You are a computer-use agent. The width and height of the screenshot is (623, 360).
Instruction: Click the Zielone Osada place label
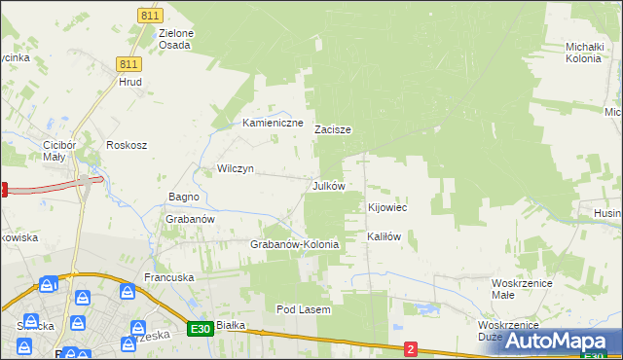click(176, 39)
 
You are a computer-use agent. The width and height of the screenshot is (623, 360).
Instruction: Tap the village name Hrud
click(130, 82)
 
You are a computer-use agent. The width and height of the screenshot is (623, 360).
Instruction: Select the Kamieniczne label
click(274, 124)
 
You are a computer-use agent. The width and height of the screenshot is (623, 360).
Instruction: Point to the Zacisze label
click(333, 129)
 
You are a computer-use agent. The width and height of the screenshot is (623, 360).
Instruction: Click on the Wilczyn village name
click(236, 168)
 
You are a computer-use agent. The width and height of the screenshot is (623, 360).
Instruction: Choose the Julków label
click(328, 185)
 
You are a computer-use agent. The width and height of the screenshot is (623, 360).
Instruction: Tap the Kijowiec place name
click(386, 208)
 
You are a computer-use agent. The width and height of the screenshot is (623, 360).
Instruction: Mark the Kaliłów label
click(384, 236)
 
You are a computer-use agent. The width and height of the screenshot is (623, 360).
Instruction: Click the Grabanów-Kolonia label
click(295, 244)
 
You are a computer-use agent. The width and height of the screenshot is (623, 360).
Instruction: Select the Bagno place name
click(184, 197)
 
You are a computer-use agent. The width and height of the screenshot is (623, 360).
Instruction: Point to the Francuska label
click(169, 277)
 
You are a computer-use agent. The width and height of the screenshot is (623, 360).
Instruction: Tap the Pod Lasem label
click(304, 309)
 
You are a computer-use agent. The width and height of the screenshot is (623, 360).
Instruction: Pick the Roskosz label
click(127, 145)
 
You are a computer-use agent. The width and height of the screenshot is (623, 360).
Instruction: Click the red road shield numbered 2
click(411, 348)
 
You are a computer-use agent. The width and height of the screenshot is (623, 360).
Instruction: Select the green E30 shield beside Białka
click(201, 329)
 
